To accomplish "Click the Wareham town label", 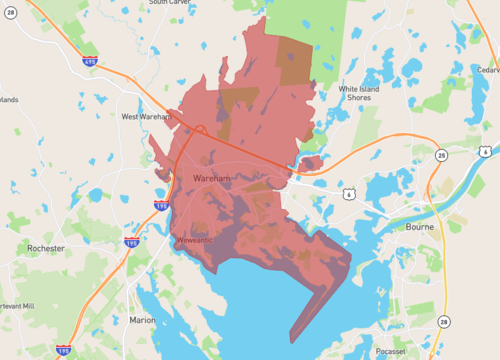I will pos(211,178).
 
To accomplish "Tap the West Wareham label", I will pos(146,117).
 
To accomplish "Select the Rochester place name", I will pos(46,248).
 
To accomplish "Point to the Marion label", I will pos(143,320).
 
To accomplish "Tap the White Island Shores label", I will pos(362,94).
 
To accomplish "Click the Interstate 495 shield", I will pos(90,61).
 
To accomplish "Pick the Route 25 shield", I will pos(441,155).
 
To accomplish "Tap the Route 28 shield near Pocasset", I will pos(443,321).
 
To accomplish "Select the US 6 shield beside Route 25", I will pos(485,152).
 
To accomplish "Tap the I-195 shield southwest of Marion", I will pos(65,351).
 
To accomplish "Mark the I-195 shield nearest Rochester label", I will pos(130,243).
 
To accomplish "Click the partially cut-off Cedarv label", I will pos(488,70).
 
